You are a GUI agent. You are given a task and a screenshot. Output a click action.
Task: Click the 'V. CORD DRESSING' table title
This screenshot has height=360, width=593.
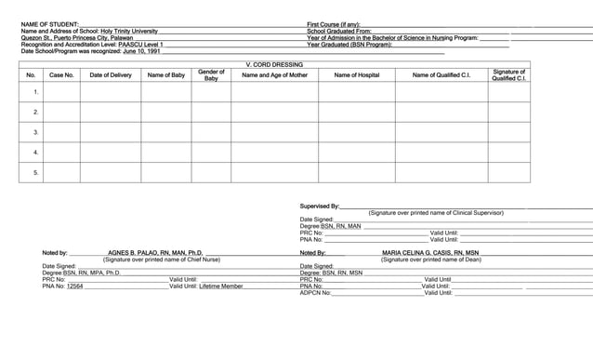[274, 64]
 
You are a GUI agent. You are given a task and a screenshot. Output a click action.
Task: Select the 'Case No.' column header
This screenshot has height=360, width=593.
[61, 75]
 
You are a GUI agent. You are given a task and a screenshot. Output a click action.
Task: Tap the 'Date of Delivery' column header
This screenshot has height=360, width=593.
[111, 75]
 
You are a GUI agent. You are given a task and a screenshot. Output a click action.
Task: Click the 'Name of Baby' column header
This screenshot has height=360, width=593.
[166, 75]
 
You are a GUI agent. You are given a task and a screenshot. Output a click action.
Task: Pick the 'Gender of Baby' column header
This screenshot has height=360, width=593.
[211, 75]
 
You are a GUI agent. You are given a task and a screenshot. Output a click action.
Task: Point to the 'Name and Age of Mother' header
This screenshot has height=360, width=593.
[274, 75]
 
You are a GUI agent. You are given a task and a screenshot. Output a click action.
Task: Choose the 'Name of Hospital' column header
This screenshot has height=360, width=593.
[357, 75]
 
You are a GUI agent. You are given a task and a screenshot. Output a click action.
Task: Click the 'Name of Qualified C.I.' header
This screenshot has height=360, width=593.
[441, 75]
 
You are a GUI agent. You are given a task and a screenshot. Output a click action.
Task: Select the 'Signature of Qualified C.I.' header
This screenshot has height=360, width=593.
[508, 75]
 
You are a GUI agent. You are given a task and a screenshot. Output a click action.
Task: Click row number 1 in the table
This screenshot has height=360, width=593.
[35, 93]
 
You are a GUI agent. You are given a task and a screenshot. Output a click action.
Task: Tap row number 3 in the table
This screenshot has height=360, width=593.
[35, 132]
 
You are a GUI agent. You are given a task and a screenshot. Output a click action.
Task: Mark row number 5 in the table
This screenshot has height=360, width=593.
[35, 172]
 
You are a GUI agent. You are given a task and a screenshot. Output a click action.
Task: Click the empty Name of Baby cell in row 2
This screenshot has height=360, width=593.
[166, 113]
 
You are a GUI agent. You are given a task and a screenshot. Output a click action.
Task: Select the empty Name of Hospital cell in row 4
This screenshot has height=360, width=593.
[357, 153]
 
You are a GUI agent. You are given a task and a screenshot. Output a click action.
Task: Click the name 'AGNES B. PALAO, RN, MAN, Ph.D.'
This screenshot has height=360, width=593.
[155, 253]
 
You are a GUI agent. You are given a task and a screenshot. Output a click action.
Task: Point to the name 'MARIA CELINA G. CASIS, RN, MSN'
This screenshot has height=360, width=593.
[430, 253]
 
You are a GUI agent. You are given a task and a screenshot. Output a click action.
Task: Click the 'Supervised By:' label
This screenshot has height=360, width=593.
[320, 206]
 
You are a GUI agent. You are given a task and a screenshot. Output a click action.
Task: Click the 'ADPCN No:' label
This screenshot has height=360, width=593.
[315, 293]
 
